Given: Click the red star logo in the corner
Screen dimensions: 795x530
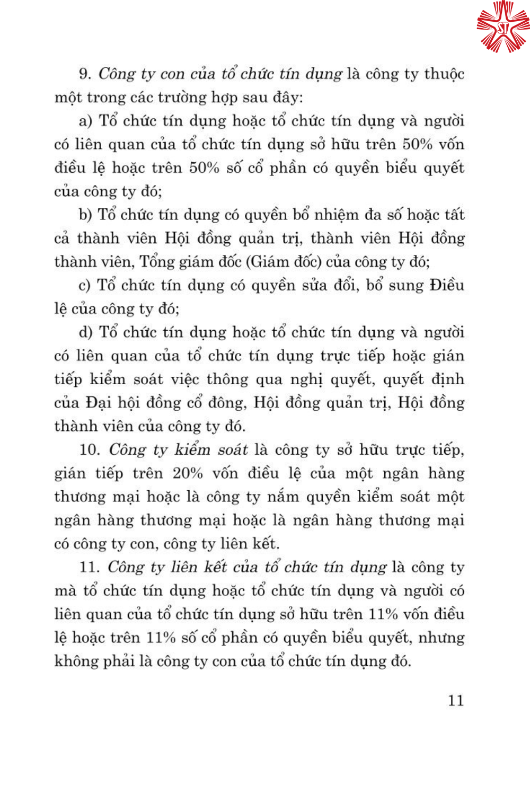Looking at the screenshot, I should coord(502,26).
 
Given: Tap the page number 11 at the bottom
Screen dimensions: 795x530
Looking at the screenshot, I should coord(456,700).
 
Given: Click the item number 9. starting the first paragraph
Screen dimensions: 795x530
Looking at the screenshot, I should coord(85,74).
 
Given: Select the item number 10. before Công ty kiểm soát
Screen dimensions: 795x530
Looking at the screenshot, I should coord(90,449).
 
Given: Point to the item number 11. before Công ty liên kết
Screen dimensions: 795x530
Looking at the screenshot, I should coord(89,567).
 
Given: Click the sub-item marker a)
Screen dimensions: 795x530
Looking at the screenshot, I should coord(85,121).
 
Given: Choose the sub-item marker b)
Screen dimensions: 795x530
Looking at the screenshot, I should coord(85,215).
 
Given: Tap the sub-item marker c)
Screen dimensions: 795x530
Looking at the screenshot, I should coord(85,285).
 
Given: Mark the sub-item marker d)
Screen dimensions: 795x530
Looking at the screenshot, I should coord(85,332).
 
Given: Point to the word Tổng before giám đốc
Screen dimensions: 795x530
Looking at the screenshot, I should coord(156,262).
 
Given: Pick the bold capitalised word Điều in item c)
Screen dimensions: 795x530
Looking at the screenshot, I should coord(447,285).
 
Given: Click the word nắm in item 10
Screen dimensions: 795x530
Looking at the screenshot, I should coord(272,497).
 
